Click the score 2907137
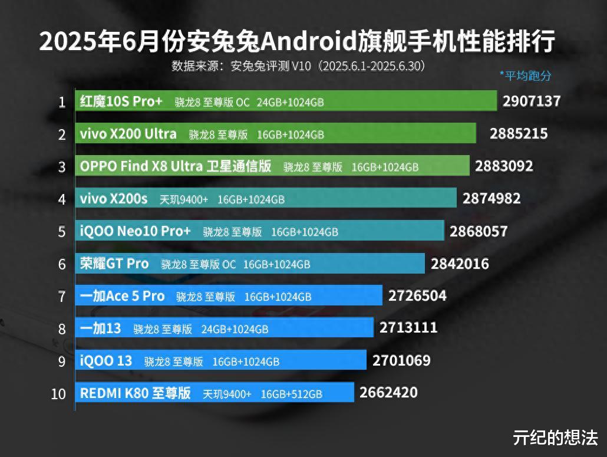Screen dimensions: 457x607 pyautogui.click(x=531, y=101)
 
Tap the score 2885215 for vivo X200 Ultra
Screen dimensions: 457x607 pyautogui.click(x=519, y=134)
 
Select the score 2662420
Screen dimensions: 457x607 pyautogui.click(x=388, y=392)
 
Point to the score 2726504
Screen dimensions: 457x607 pyautogui.click(x=417, y=295)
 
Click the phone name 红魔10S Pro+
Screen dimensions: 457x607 pyautogui.click(x=121, y=101)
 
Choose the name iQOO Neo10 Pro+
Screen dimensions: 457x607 pyautogui.click(x=136, y=231)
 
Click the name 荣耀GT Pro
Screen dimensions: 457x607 pyautogui.click(x=114, y=264)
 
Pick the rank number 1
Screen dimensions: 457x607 pyautogui.click(x=61, y=103)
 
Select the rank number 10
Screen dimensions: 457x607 pyautogui.click(x=58, y=394)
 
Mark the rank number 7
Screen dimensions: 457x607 pyautogui.click(x=61, y=297)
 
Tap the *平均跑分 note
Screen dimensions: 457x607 pyautogui.click(x=525, y=75)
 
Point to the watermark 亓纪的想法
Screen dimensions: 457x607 pyautogui.click(x=555, y=438)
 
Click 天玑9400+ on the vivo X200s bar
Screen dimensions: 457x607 pyautogui.click(x=183, y=199)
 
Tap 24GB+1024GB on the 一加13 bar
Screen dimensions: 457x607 pyautogui.click(x=235, y=328)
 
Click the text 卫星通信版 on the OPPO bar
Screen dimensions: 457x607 pyautogui.click(x=239, y=166)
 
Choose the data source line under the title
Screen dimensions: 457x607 pyautogui.click(x=298, y=65)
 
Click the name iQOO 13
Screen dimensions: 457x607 pyautogui.click(x=106, y=360)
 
